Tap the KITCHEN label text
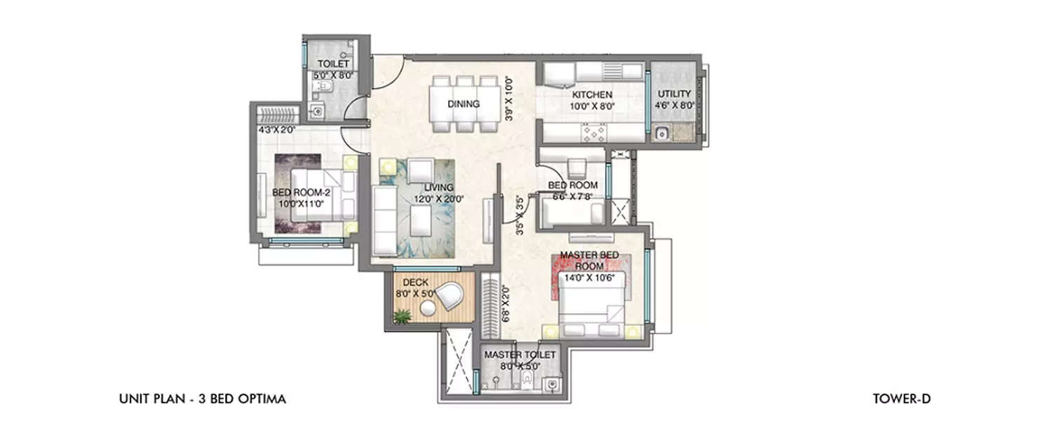[x=592, y=95]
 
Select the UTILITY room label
[x=674, y=94]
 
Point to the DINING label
[x=464, y=104]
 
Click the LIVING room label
[x=438, y=188]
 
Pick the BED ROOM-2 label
[x=301, y=193]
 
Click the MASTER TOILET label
[x=520, y=355]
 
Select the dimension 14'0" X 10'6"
[x=590, y=277]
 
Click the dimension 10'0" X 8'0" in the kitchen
[x=592, y=107]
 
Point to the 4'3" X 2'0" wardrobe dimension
[x=277, y=130]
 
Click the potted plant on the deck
[x=401, y=317]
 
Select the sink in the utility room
[x=661, y=133]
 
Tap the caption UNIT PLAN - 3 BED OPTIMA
[x=203, y=399]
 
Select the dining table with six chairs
[x=464, y=104]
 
